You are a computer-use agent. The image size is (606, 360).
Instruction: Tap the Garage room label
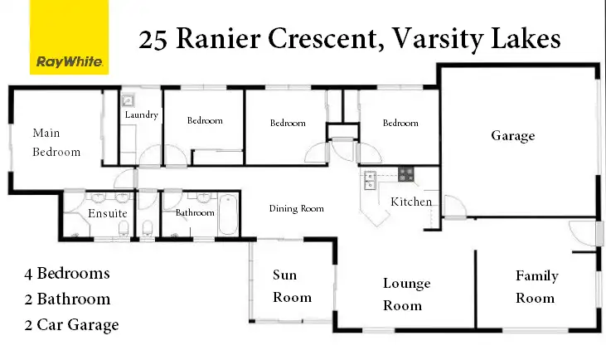tap(512, 136)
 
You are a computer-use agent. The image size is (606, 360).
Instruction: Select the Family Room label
tap(536, 287)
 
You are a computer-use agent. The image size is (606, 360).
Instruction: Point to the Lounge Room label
tap(406, 294)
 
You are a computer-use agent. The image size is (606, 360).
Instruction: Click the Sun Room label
tap(292, 286)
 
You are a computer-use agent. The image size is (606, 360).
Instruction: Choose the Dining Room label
tap(296, 209)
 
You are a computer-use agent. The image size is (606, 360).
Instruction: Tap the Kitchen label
tap(411, 202)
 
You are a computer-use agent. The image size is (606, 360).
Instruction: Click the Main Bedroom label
tap(56, 142)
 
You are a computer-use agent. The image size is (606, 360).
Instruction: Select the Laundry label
tap(141, 115)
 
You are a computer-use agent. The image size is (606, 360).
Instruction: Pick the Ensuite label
tap(108, 213)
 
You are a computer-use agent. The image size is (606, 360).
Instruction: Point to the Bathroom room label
tap(195, 213)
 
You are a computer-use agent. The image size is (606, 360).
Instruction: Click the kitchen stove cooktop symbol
tap(406, 174)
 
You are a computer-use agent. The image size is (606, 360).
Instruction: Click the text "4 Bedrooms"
tap(67, 273)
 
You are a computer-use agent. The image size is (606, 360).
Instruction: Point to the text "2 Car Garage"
tap(73, 324)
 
